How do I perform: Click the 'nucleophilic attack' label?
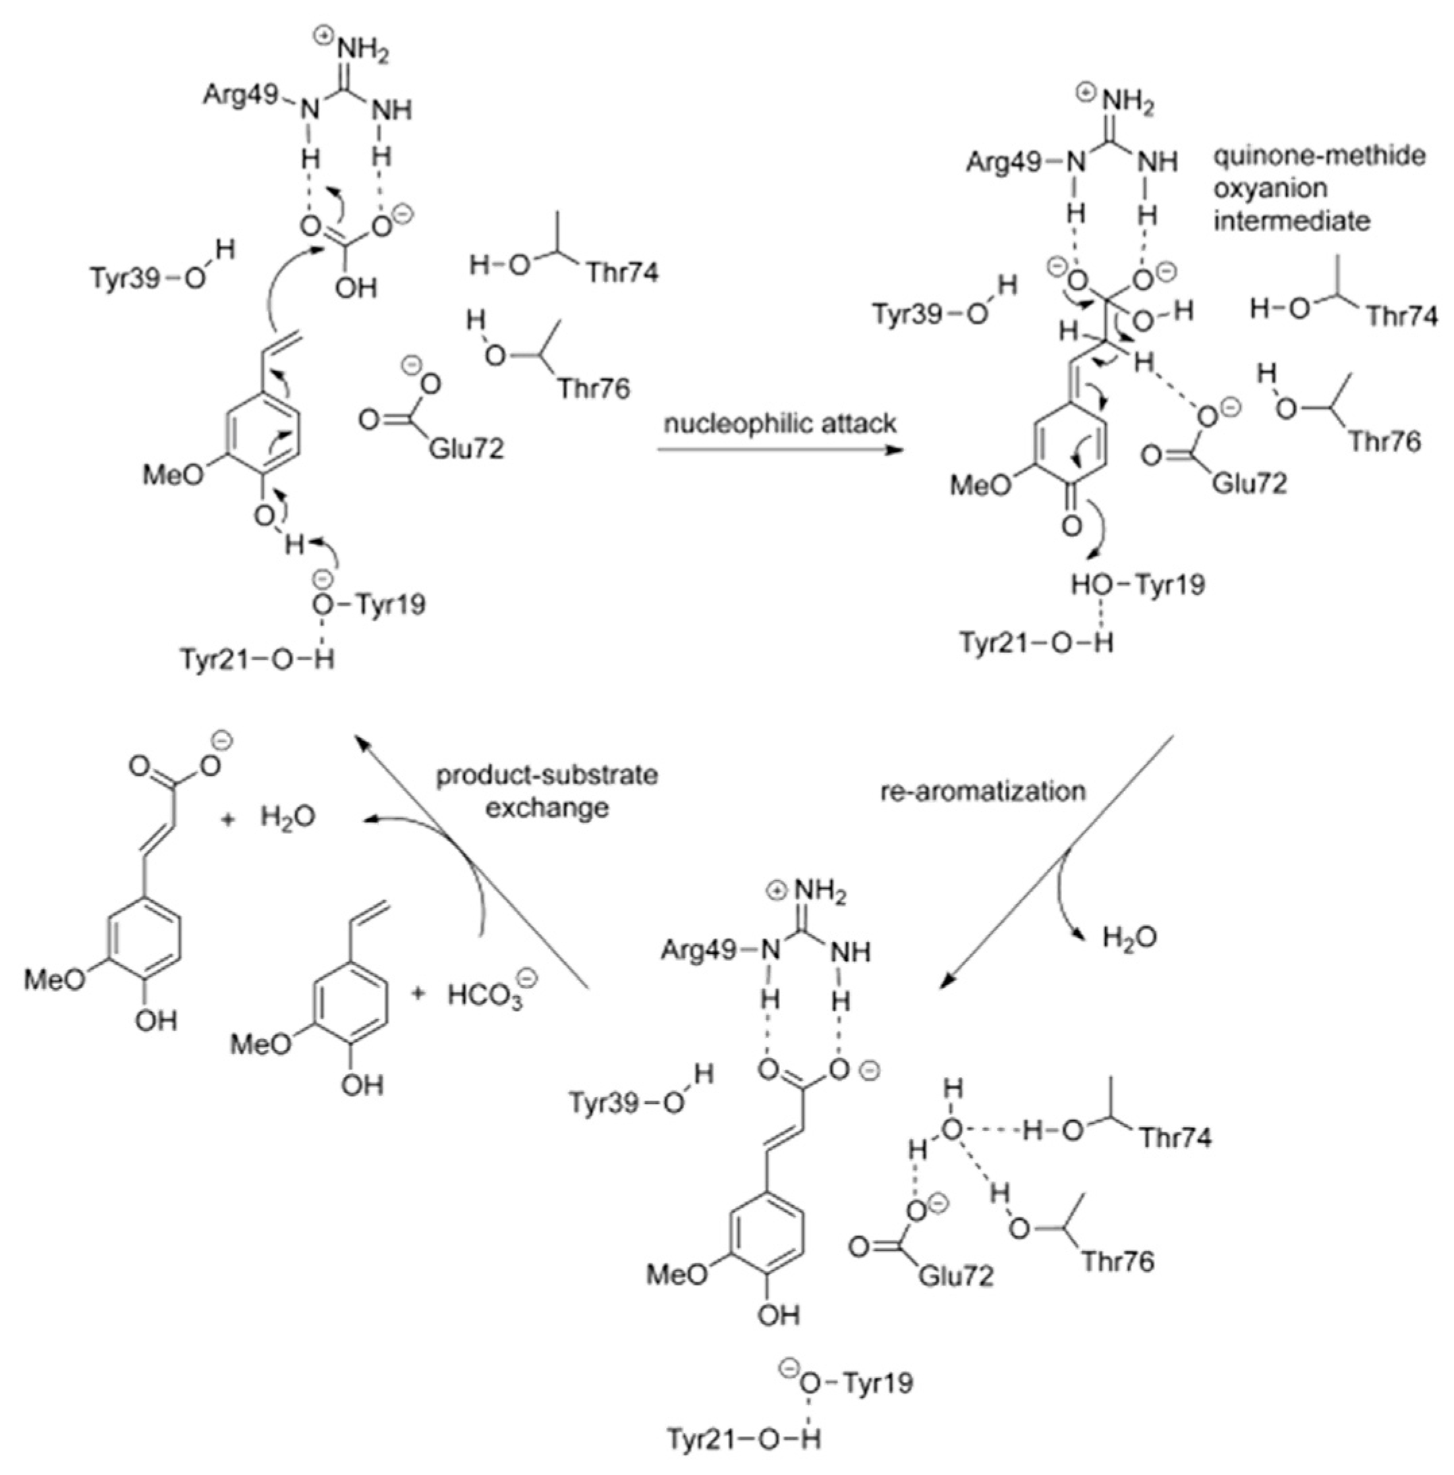click(x=779, y=422)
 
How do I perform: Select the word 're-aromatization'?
click(x=983, y=791)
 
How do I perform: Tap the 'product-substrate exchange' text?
click(x=547, y=791)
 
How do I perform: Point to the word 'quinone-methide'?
click(x=1319, y=156)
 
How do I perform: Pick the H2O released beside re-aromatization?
click(x=1129, y=937)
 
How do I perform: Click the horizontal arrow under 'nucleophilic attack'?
click(x=779, y=449)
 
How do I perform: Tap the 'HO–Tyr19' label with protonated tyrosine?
click(x=1138, y=585)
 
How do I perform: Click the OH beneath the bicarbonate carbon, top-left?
click(x=356, y=289)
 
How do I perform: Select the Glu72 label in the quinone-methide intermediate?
click(x=1249, y=482)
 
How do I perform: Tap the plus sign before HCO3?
click(x=418, y=993)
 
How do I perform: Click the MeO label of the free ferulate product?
click(x=56, y=980)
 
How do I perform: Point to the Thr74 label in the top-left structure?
click(x=622, y=273)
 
